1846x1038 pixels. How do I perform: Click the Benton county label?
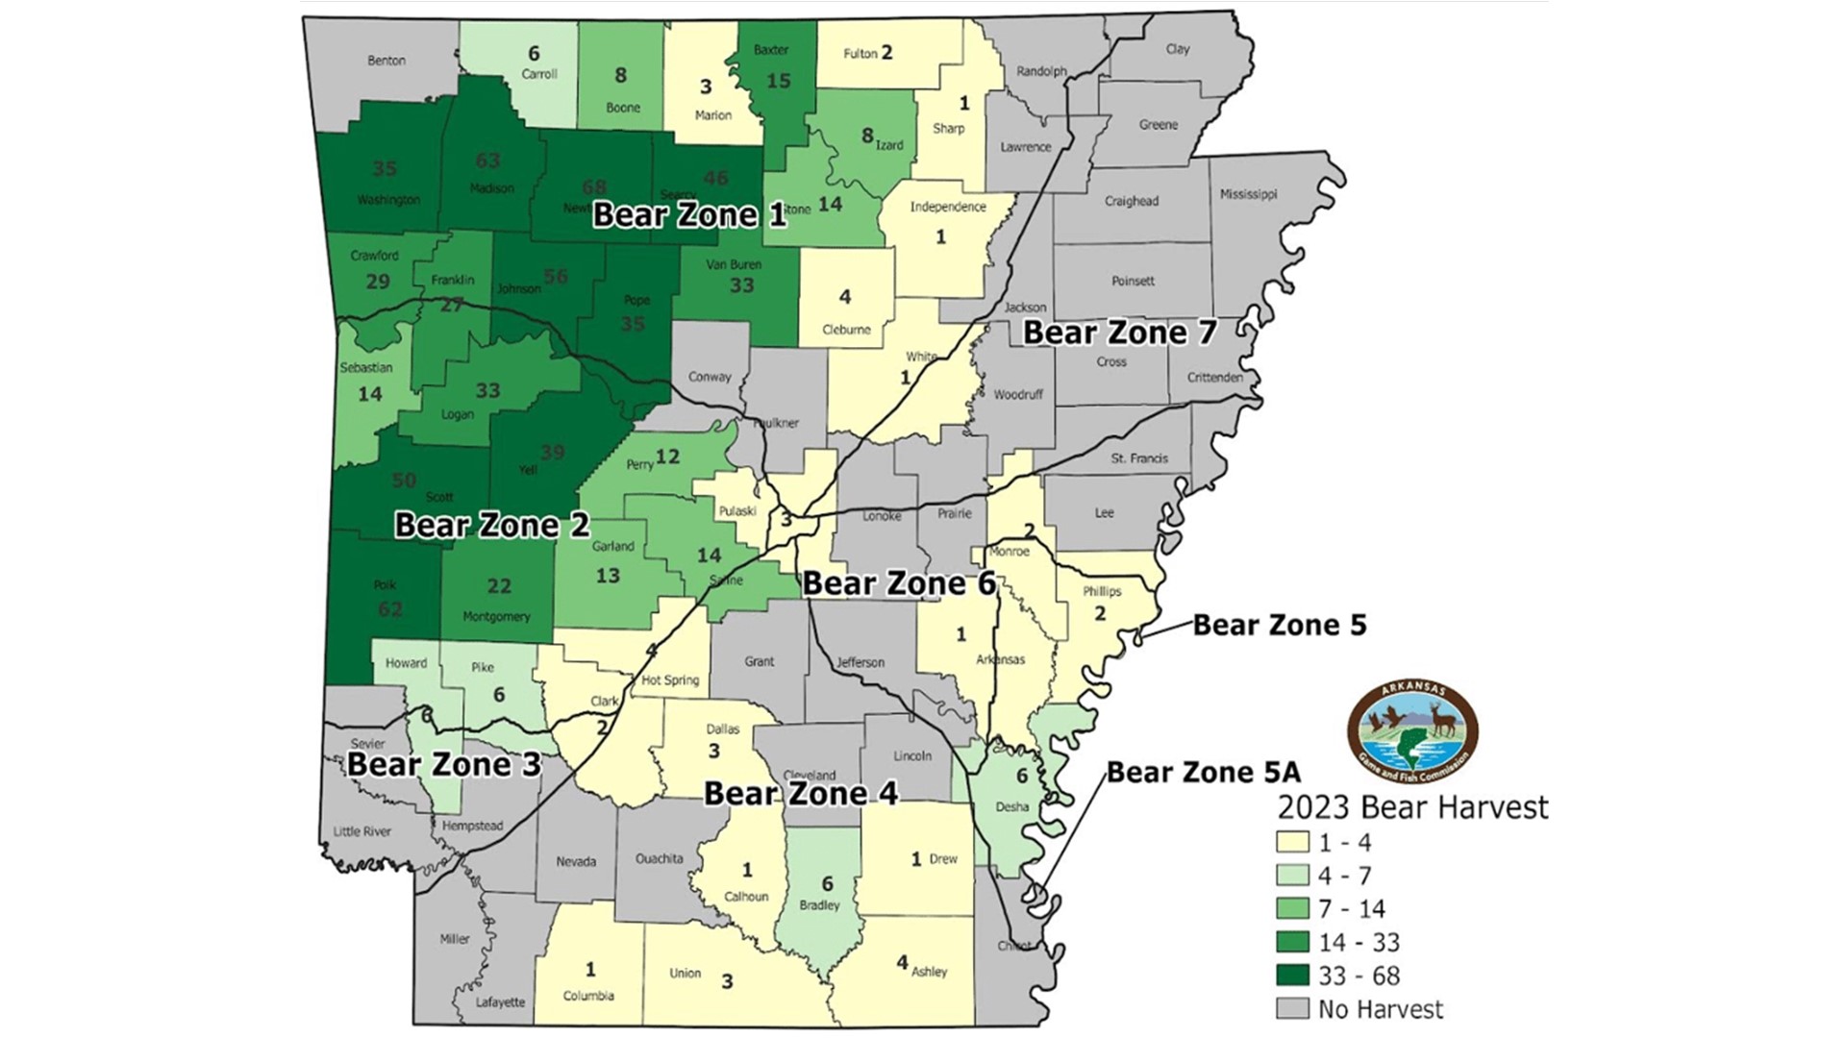tap(387, 61)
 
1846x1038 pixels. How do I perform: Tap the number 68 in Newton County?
tap(593, 186)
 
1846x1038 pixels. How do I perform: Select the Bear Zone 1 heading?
tap(688, 213)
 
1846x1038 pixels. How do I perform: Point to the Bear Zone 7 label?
tap(1119, 334)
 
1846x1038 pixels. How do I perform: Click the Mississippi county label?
tap(1248, 194)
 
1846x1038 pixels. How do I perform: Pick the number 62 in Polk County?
tap(390, 608)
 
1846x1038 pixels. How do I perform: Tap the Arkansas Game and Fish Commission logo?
tap(1412, 732)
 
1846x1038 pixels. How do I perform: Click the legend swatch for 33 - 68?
tap(1292, 976)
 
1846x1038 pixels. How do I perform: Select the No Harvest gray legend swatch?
tap(1292, 1009)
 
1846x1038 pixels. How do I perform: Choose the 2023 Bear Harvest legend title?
tap(1412, 806)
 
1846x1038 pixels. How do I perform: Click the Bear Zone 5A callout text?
tap(1203, 772)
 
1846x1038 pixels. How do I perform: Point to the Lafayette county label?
tap(501, 1002)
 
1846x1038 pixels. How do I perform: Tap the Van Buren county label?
tap(734, 264)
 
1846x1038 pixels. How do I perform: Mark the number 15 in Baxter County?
tap(778, 82)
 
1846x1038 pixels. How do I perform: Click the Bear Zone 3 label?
tap(444, 765)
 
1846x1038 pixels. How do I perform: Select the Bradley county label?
tap(819, 905)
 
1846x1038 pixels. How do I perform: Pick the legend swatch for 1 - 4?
tap(1292, 843)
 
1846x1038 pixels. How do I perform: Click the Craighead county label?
tap(1131, 202)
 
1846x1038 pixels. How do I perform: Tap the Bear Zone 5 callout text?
tap(1279, 625)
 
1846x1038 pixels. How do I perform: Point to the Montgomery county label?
tap(496, 617)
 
